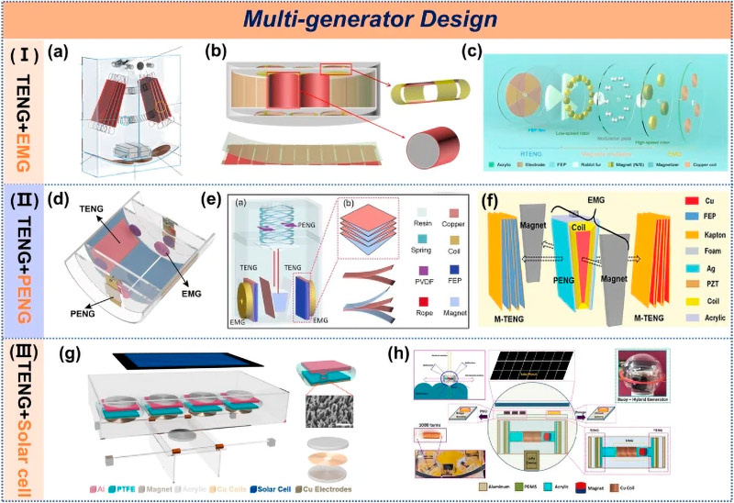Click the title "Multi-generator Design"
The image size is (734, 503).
366,19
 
